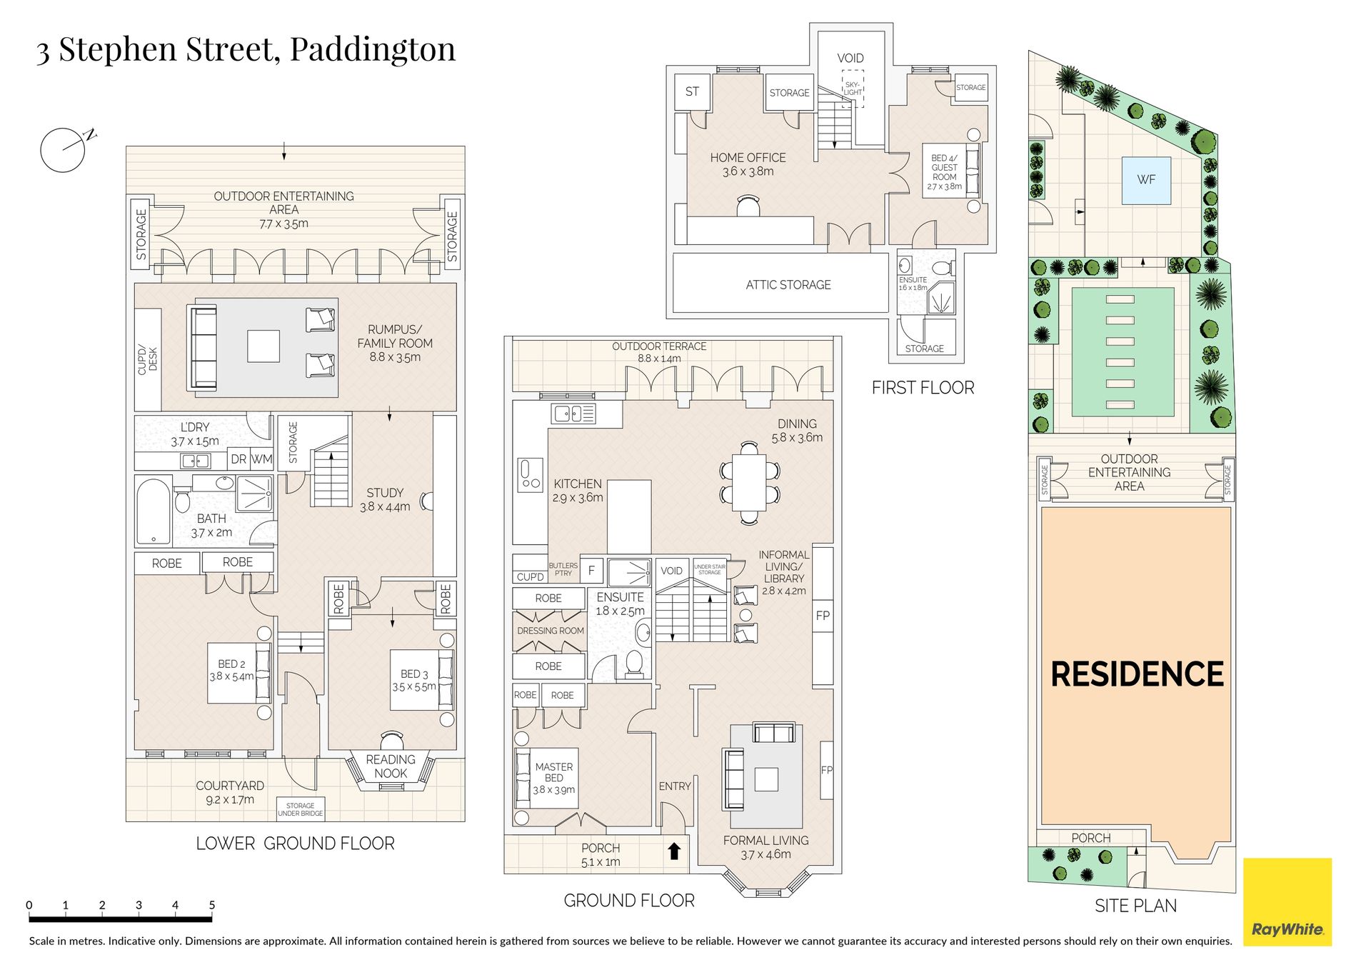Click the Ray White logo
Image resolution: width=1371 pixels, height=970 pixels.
point(1287,902)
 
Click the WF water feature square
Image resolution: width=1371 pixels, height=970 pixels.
point(1146,180)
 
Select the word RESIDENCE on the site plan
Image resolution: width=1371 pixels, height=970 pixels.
point(1137,674)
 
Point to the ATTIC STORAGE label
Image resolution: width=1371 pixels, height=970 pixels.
point(788,285)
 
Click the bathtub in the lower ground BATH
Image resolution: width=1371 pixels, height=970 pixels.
point(154,511)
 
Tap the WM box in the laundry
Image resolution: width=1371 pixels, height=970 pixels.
point(261,459)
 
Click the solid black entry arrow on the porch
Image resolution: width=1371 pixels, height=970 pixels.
point(674,851)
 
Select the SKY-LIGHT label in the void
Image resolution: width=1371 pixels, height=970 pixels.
point(853,89)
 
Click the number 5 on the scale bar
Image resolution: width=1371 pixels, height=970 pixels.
point(212,905)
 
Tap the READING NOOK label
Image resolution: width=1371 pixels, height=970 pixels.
point(391,766)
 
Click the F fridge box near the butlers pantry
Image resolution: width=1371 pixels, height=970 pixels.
point(591,571)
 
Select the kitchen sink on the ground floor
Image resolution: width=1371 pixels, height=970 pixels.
point(573,413)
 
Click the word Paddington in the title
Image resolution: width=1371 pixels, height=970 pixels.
point(373,50)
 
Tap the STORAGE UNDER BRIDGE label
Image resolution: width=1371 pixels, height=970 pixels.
point(300,809)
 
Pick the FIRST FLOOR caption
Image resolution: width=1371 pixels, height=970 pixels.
point(923,388)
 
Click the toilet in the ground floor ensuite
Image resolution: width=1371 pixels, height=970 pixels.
point(633,664)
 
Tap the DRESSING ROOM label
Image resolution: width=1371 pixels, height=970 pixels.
point(551,631)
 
